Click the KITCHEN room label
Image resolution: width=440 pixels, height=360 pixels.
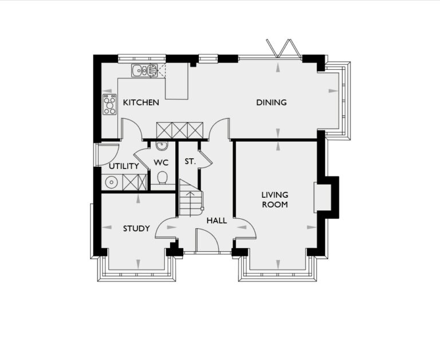point(141,103)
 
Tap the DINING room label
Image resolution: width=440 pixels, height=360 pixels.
point(271,103)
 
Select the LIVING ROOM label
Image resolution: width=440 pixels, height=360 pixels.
point(274,199)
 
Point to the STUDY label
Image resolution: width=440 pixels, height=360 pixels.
point(136,229)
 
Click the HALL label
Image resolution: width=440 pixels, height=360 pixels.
point(217,220)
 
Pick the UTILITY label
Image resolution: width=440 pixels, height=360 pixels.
point(124,166)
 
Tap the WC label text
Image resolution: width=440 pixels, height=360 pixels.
point(160,163)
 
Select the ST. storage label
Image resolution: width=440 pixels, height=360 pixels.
point(190,162)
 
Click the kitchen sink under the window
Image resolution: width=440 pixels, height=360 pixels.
point(144,71)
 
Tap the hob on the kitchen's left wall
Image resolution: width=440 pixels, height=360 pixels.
point(109,104)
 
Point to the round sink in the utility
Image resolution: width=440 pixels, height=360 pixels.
point(111,183)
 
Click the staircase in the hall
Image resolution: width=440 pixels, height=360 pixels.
point(190,198)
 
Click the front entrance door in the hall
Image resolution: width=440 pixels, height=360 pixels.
point(207,241)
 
